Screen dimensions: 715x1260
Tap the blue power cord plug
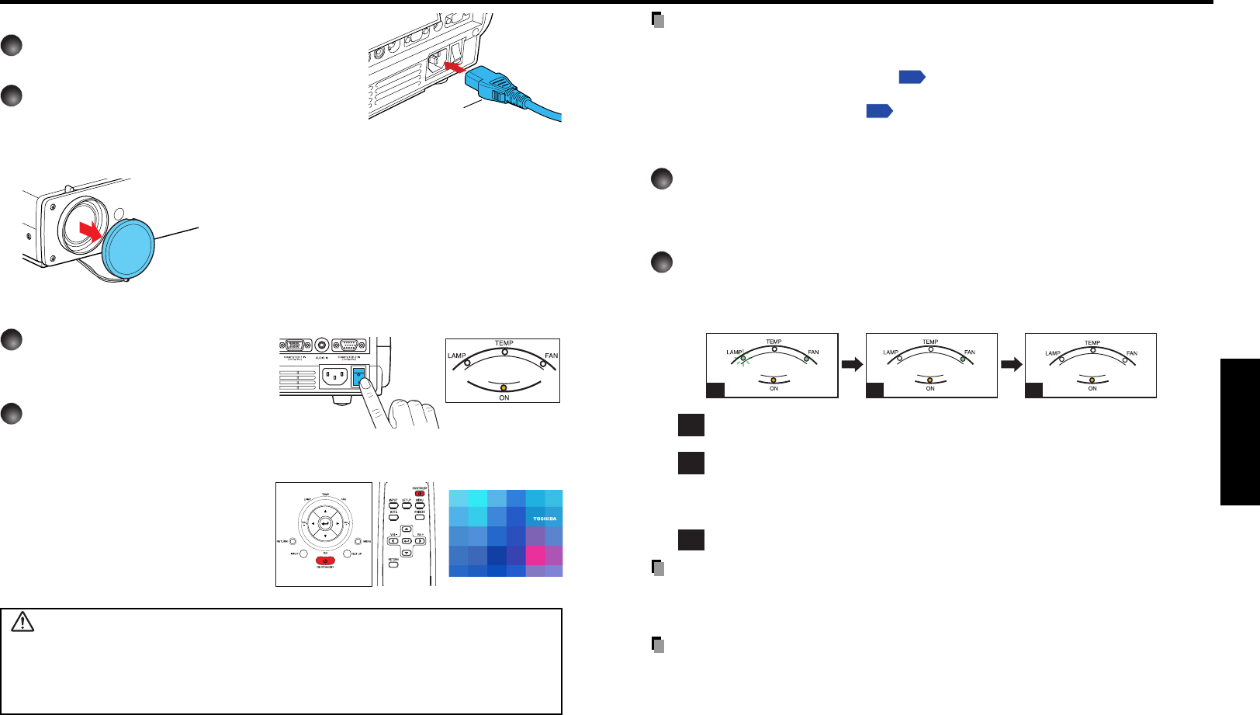click(x=486, y=84)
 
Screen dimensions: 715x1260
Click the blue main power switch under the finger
click(x=358, y=377)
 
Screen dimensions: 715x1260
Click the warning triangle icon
click(x=23, y=622)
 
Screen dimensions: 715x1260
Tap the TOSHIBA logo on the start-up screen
click(x=544, y=519)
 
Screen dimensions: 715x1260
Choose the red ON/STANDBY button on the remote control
click(x=419, y=492)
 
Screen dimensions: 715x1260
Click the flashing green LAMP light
click(x=742, y=359)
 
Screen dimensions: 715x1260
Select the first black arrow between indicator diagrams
click(x=852, y=364)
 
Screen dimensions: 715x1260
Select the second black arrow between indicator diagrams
click(x=1011, y=364)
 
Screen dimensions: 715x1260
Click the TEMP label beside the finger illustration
click(x=504, y=342)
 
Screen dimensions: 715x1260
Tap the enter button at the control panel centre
click(x=325, y=524)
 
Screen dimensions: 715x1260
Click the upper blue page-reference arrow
click(x=912, y=77)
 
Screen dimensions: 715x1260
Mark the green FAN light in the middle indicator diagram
click(x=962, y=359)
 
